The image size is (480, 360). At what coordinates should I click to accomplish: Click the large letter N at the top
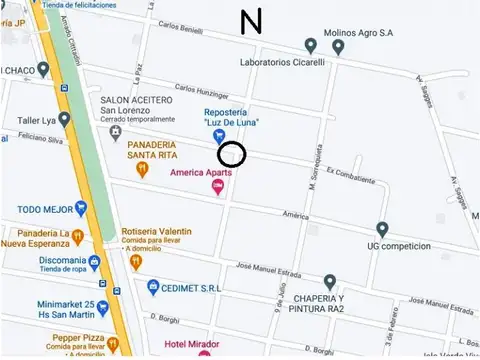click(251, 21)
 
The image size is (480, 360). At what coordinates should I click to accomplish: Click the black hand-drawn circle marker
click(232, 154)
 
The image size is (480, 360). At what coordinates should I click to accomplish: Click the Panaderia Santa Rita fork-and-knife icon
click(143, 170)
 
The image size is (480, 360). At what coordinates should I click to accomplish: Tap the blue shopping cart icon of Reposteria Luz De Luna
click(219, 135)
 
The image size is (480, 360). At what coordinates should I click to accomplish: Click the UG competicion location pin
click(382, 229)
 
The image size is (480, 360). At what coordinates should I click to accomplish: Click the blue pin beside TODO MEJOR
click(81, 209)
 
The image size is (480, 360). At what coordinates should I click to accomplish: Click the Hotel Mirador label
click(172, 343)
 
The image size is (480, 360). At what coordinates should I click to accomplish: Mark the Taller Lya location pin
click(65, 121)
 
